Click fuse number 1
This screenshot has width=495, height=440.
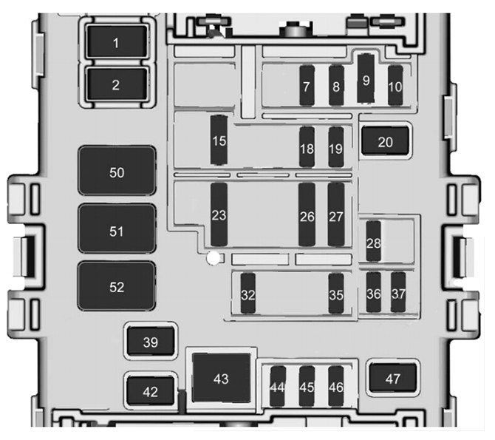[x=116, y=42]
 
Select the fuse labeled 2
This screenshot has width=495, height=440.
[x=116, y=84]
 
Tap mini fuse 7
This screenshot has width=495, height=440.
[x=307, y=85]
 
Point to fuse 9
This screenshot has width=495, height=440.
[x=366, y=78]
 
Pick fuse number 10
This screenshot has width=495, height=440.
[x=395, y=85]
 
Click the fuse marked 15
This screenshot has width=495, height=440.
[x=219, y=140]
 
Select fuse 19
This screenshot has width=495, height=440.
[x=336, y=147]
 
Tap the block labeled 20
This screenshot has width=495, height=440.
[x=385, y=141]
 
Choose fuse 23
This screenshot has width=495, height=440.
[x=219, y=214]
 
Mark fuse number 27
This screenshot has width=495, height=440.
[x=336, y=214]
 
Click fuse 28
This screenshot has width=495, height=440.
[x=373, y=241]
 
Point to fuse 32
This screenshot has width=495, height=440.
[x=247, y=294]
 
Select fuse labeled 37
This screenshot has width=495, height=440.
[x=398, y=292]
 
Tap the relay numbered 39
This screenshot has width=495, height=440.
[x=151, y=341]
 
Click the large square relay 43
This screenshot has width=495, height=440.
[x=222, y=378]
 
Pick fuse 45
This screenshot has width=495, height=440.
[x=307, y=386]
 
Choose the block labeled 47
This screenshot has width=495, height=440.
[x=393, y=377]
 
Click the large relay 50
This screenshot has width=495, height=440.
[x=117, y=170]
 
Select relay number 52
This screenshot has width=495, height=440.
[x=117, y=286]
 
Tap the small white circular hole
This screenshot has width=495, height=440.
[x=214, y=258]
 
